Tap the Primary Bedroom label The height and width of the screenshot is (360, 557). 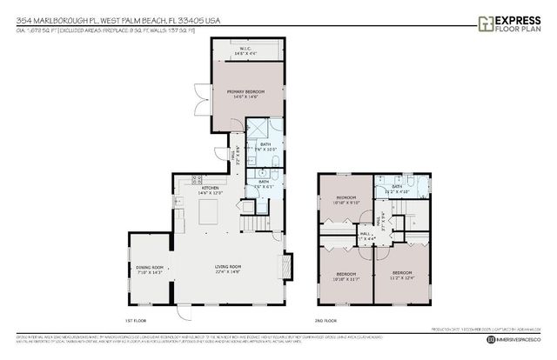pos(245,93)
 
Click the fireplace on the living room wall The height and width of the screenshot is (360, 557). pos(288,264)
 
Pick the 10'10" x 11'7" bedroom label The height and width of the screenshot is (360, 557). pos(346,277)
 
